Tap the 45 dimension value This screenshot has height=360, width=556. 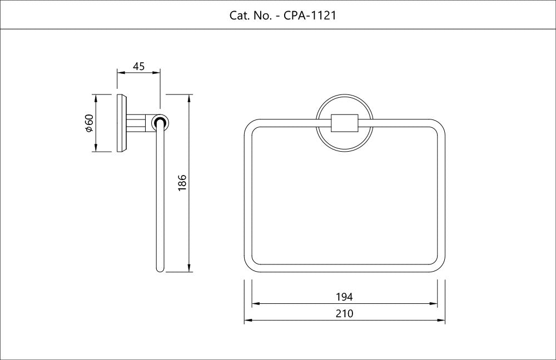click(138, 67)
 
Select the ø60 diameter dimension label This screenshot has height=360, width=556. click(88, 123)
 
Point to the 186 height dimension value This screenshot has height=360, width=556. click(181, 183)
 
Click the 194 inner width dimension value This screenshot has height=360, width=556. click(344, 297)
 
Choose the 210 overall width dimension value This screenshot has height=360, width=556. click(344, 314)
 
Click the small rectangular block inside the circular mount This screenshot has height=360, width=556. click(344, 123)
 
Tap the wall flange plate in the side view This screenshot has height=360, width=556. click(122, 123)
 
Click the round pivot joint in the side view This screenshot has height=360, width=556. click(160, 123)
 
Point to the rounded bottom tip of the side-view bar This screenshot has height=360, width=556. click(160, 269)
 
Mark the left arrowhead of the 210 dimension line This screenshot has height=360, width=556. click(248, 321)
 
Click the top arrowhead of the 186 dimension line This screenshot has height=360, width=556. click(190, 98)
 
